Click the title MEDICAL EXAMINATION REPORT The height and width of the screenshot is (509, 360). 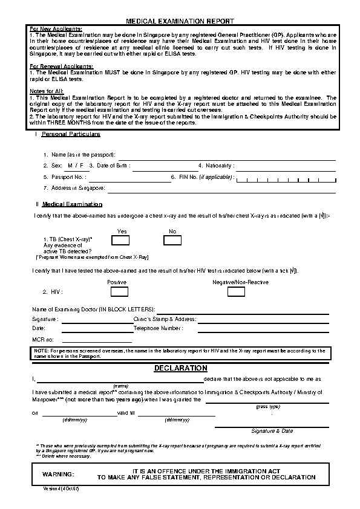click(x=180, y=21)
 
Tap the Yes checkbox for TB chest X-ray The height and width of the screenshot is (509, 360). click(x=120, y=240)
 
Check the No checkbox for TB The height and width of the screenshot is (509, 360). click(x=172, y=240)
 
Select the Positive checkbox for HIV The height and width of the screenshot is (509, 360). click(x=119, y=291)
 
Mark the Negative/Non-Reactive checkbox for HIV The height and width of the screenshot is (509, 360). click(x=236, y=291)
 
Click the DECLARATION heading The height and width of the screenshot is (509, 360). click(x=180, y=368)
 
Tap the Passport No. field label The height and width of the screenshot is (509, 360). click(x=65, y=177)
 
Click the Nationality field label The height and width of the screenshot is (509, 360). click(x=215, y=165)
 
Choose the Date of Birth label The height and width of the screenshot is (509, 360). click(x=110, y=165)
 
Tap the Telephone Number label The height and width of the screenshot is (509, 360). click(x=158, y=328)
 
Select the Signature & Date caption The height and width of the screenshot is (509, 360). click(x=272, y=431)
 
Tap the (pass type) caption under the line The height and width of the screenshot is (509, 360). click(x=270, y=407)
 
